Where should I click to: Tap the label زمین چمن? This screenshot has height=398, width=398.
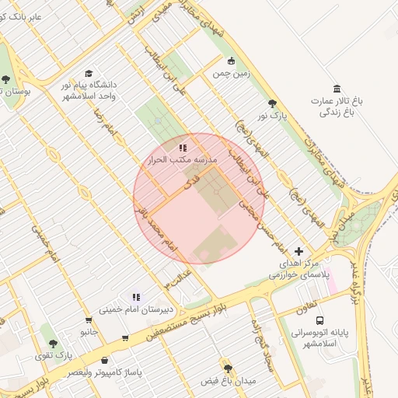pyautogui.click(x=230, y=75)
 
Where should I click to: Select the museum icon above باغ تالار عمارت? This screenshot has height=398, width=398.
pyautogui.click(x=337, y=88)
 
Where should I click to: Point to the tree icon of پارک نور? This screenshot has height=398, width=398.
pyautogui.click(x=271, y=103)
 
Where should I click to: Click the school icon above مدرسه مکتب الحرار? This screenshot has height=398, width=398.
pyautogui.click(x=182, y=147)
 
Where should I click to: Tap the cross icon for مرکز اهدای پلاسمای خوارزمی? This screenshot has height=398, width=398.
pyautogui.click(x=299, y=251)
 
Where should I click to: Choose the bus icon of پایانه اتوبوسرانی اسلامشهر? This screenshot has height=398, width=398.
pyautogui.click(x=319, y=320)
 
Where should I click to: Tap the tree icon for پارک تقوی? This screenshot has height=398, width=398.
pyautogui.click(x=53, y=343)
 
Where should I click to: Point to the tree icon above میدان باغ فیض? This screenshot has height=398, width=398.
pyautogui.click(x=228, y=368)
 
